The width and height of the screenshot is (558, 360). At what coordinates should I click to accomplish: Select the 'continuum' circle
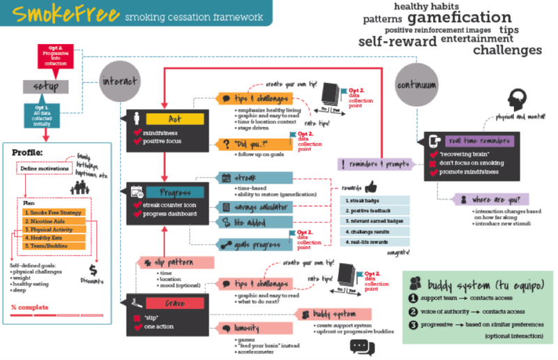click(x=416, y=84)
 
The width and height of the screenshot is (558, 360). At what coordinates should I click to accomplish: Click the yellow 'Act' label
click(x=174, y=119)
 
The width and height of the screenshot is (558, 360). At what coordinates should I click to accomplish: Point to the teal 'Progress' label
click(x=174, y=192)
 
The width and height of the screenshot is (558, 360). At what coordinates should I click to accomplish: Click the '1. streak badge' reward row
click(x=376, y=200)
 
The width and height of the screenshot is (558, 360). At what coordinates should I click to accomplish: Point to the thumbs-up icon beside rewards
click(x=370, y=186)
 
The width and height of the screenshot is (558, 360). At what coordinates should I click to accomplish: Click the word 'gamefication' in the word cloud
click(x=459, y=17)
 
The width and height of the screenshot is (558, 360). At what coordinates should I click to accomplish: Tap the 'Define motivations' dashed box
click(x=43, y=170)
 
